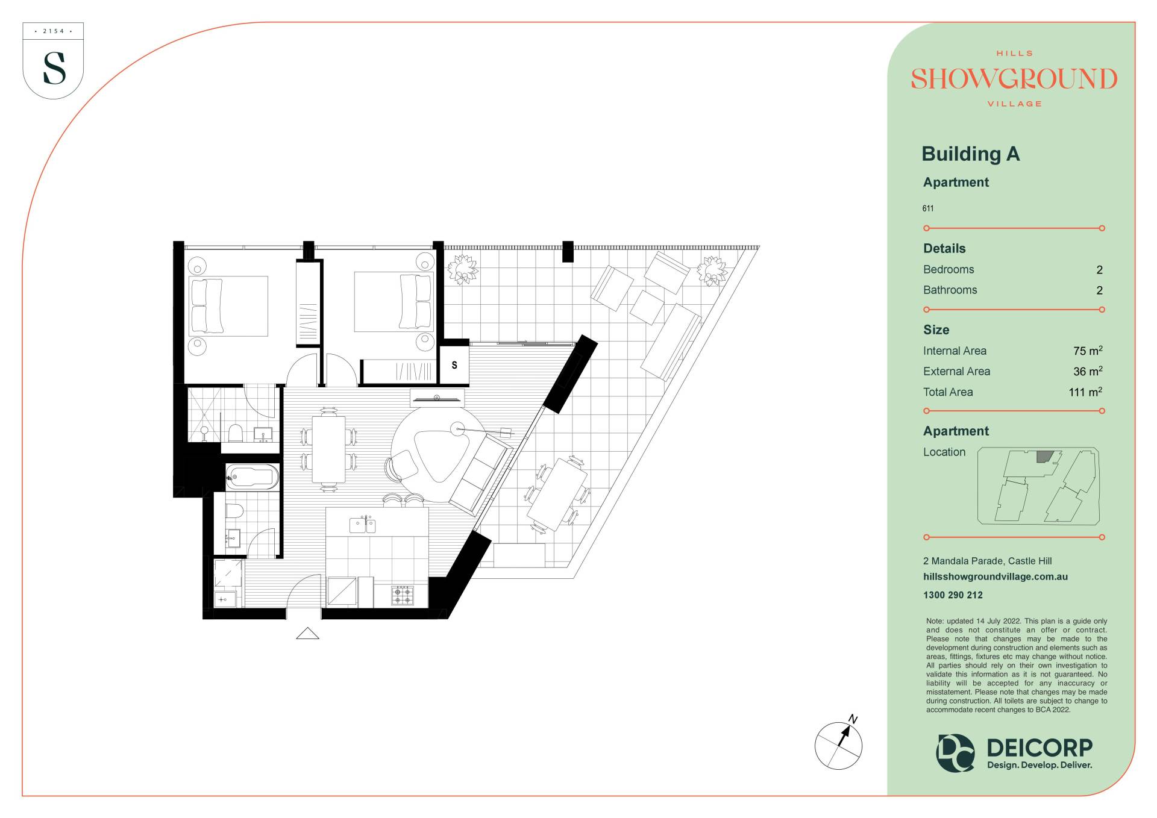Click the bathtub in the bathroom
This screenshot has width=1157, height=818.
coord(252,477)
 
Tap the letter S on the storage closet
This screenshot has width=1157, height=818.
coord(454,365)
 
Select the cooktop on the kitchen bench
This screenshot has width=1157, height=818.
coord(403,596)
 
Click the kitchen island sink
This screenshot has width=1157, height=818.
coord(363,525)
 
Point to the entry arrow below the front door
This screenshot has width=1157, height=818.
coord(307,633)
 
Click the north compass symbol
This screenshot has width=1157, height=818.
coord(839,744)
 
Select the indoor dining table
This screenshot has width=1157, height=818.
coord(329,449)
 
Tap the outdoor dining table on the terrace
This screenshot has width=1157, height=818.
coord(557,494)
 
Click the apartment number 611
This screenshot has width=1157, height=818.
coord(928,208)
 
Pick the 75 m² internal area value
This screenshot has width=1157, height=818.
coord(1088,351)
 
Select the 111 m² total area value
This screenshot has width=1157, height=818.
coord(1085,392)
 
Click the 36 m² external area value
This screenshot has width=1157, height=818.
coord(1088,371)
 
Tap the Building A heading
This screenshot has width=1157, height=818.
coord(970,154)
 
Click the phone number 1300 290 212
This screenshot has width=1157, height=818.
coord(953,595)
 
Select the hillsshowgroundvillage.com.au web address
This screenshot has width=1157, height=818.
coord(996,576)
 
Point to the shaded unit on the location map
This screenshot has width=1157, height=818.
coord(1045,457)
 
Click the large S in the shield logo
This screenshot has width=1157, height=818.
coord(54,68)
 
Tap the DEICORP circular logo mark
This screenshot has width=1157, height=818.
coord(955,752)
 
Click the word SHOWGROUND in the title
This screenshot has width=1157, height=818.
coord(1014,79)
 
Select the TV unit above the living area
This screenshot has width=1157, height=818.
coord(437,398)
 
